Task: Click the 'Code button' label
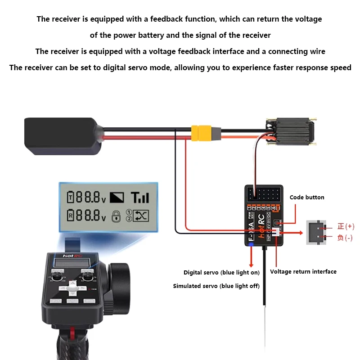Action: point(306,198)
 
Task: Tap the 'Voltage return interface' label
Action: point(303,271)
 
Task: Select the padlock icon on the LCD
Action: point(116,216)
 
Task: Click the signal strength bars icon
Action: point(139,197)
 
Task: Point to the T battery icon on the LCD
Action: point(70,197)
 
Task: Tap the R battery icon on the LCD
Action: point(70,216)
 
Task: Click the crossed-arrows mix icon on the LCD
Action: point(141,216)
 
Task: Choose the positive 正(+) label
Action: point(345,226)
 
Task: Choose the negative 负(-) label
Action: point(345,238)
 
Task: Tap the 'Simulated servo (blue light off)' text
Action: point(216,286)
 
